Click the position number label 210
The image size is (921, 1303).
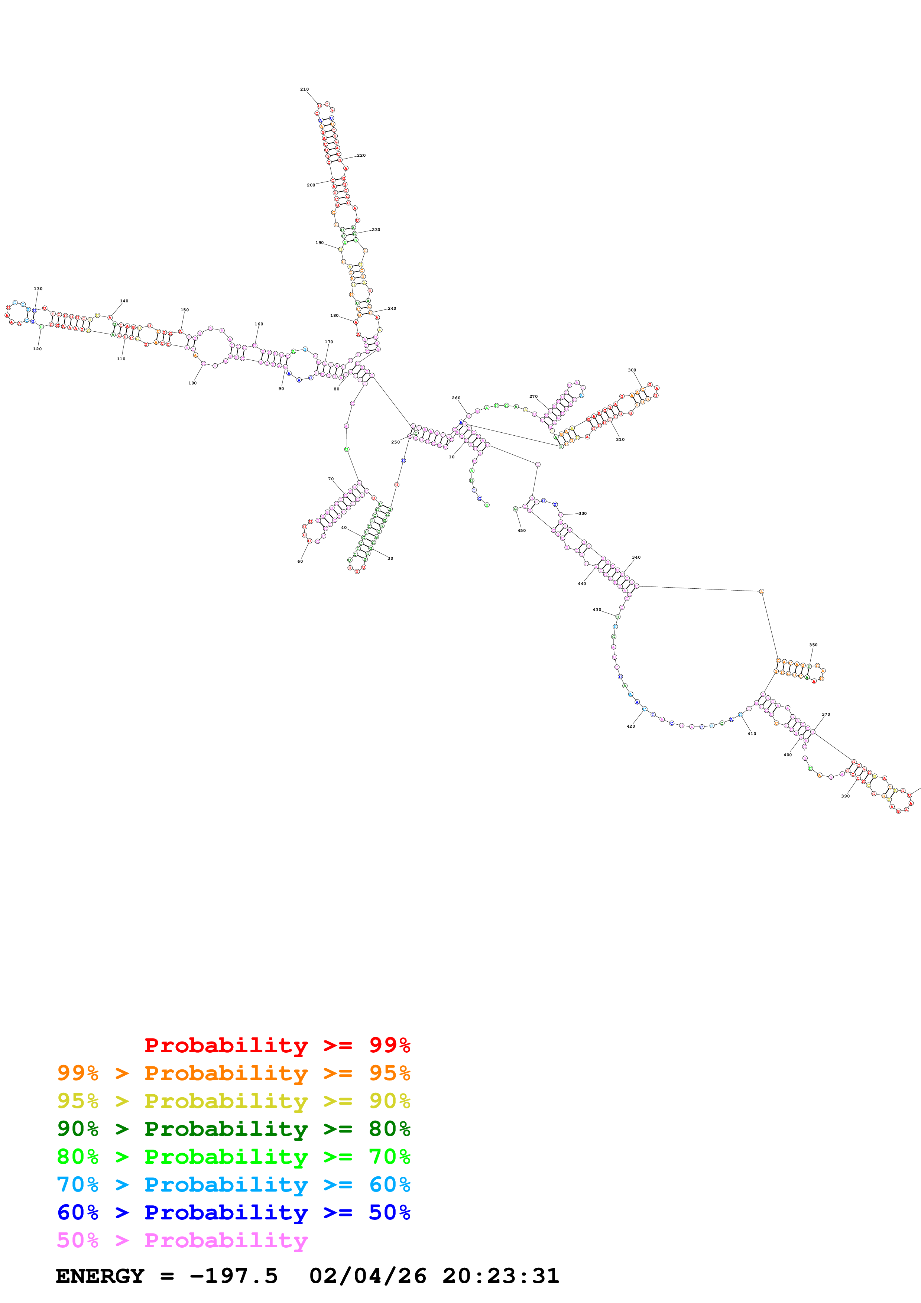coord(304,89)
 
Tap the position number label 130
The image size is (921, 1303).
coord(38,289)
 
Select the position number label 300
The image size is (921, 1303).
coord(632,370)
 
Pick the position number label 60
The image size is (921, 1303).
coord(300,561)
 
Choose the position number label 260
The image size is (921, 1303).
coord(456,398)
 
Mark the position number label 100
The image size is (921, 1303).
coord(192,383)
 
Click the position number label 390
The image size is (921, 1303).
coord(845,796)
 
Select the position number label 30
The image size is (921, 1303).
coord(390,558)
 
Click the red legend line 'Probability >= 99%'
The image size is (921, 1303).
coord(277,1045)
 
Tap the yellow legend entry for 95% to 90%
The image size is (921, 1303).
coord(233,1101)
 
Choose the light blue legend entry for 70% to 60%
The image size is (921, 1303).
coord(233,1185)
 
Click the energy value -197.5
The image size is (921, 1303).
coord(233,1276)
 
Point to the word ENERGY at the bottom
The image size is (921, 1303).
coord(100,1276)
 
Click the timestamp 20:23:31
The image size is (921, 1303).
coord(500,1276)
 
